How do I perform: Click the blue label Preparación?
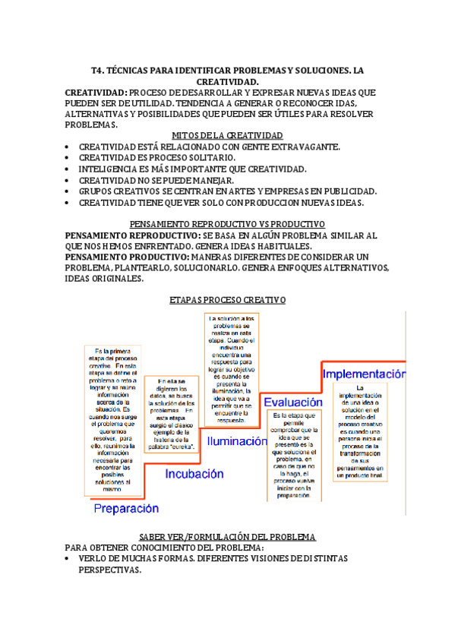tap(125, 508)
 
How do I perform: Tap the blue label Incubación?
tap(194, 474)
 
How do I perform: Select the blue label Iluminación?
tap(237, 440)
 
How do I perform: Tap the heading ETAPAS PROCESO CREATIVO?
tap(227, 301)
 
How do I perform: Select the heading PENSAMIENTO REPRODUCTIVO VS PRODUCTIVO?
tap(227, 225)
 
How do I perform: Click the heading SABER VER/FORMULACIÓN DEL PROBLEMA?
tap(227, 537)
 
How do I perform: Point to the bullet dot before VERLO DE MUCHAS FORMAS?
tap(68, 559)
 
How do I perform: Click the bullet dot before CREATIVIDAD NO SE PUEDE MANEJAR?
tap(68, 181)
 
